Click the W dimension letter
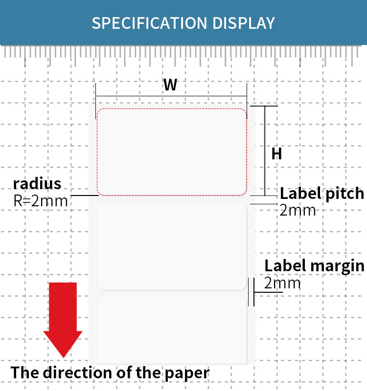coord(170,85)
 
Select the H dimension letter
coord(276,154)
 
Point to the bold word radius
coord(37,184)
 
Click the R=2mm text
coord(41,200)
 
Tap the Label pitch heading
coord(321,194)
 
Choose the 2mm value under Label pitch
coord(298,210)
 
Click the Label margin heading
coord(314,266)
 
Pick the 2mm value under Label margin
coord(282,283)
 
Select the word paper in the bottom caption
coord(187,372)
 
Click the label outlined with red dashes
coord(171,152)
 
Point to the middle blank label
coord(171,246)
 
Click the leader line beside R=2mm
coord(83,196)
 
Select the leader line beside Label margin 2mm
coord(268,292)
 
